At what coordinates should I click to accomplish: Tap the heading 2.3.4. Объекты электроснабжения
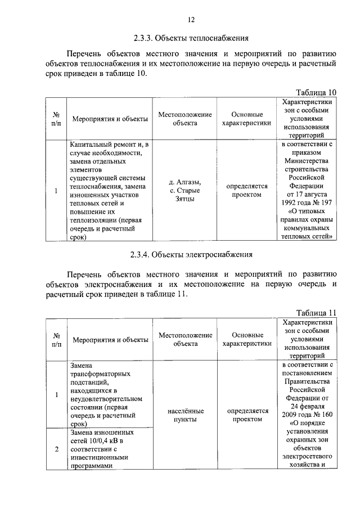tap(191, 255)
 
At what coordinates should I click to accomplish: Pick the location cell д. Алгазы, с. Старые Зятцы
tap(185, 190)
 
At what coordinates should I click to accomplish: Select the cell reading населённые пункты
tap(185, 415)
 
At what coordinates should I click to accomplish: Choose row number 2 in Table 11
tap(57, 449)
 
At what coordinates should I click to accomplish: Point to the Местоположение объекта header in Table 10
tap(185, 119)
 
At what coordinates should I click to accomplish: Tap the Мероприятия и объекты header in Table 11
tap(110, 340)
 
